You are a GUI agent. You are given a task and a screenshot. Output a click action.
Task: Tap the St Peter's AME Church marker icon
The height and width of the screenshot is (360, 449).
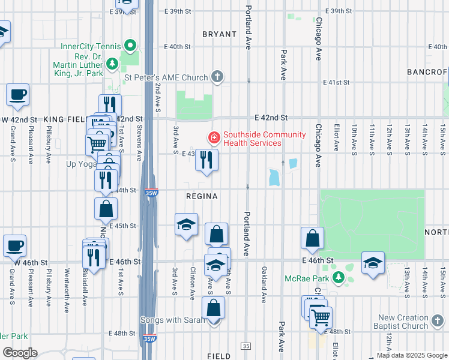(217, 77)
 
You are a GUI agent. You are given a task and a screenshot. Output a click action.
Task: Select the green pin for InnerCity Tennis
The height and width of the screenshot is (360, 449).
(130, 46)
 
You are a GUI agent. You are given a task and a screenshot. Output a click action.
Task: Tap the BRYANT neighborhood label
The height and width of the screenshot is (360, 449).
(219, 34)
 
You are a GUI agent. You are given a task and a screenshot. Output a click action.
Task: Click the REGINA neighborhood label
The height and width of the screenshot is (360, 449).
(201, 196)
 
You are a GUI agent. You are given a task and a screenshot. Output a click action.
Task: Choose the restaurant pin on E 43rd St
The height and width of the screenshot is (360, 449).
(206, 160)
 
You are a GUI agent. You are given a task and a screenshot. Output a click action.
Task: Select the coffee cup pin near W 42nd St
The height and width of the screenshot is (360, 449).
(18, 95)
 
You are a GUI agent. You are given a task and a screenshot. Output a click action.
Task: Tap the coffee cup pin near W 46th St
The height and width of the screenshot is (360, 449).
(14, 245)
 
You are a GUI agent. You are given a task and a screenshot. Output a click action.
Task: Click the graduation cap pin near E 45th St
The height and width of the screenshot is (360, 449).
(187, 225)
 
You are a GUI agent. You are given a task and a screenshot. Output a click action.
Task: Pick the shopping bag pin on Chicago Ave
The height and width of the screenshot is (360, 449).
(312, 239)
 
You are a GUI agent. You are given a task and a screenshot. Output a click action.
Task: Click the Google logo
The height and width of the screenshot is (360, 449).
(19, 353)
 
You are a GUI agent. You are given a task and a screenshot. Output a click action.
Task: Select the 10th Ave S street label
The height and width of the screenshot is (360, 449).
(354, 138)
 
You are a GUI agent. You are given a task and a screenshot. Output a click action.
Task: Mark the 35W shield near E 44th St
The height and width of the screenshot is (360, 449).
(151, 193)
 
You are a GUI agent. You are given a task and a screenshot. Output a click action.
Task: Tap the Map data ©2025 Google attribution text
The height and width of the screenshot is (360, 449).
(411, 355)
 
